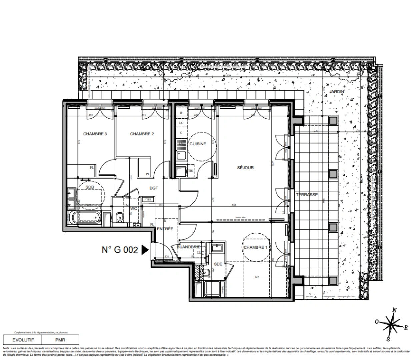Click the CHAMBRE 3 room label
[x=95, y=134]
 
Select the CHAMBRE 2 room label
[x=142, y=134]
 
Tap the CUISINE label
[x=198, y=144]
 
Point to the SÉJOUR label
[x=245, y=168]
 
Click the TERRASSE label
[x=307, y=195]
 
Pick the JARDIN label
[x=337, y=91]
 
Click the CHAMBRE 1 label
[x=255, y=247]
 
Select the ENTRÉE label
[x=165, y=229]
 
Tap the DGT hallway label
[x=154, y=188]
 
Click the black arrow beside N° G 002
[x=145, y=250]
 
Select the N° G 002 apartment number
[x=120, y=250]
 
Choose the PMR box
[x=60, y=340]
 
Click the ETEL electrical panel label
[x=148, y=200]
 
